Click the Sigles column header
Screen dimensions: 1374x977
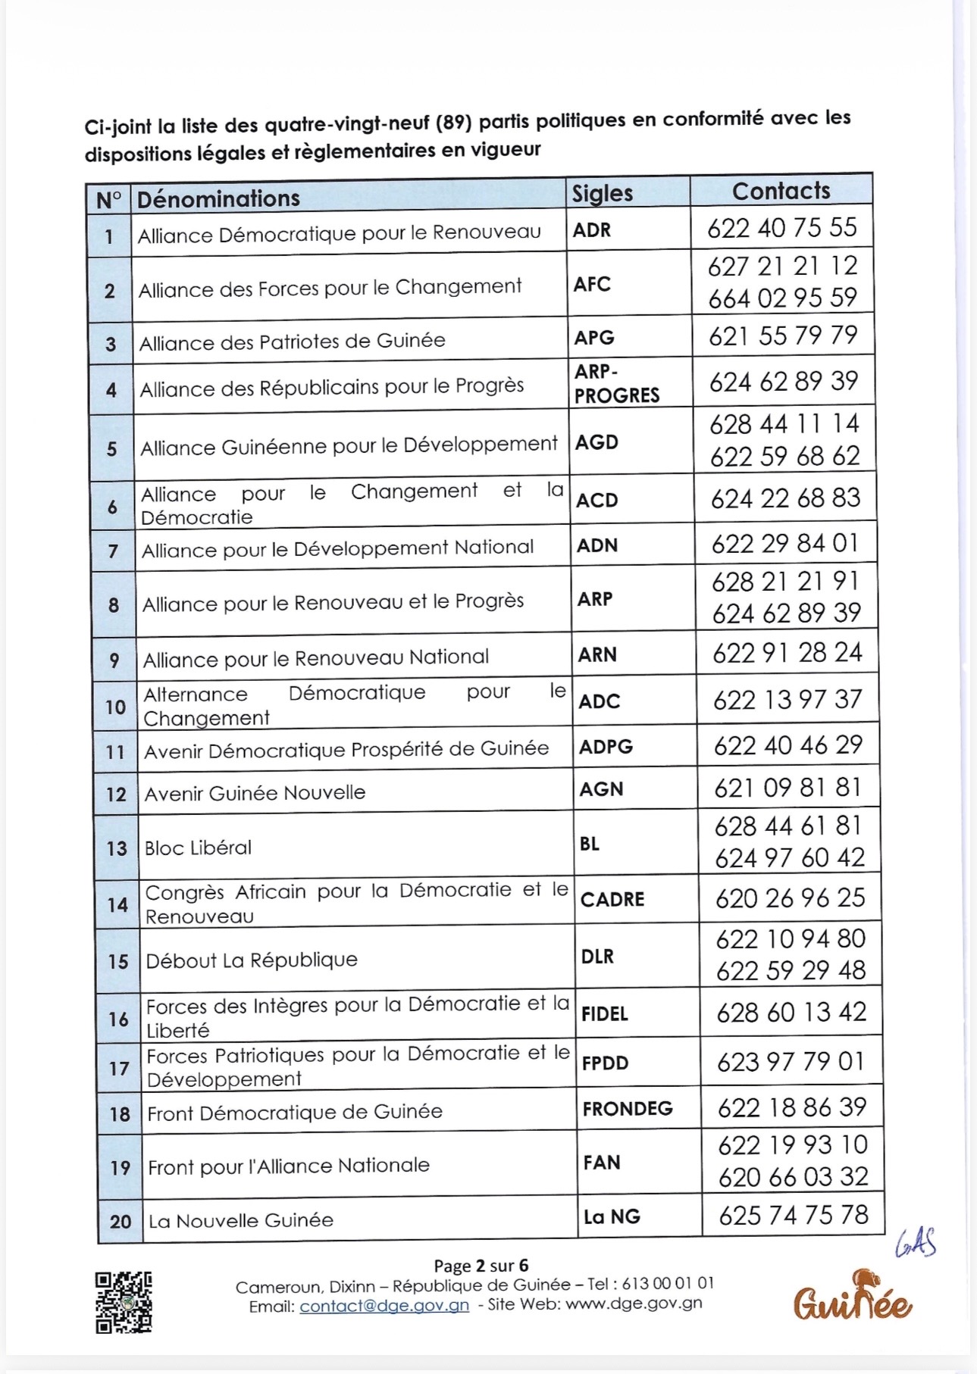(603, 193)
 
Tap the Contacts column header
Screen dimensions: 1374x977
(781, 191)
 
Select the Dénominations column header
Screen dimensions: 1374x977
(218, 198)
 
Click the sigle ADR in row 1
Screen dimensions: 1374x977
(592, 230)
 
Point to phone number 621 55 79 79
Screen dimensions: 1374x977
(783, 336)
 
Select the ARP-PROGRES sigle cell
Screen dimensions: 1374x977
(616, 383)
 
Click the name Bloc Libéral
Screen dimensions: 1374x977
(198, 848)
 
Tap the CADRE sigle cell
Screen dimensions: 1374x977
(612, 899)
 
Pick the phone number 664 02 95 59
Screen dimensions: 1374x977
(782, 298)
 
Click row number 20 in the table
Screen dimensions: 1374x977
(121, 1221)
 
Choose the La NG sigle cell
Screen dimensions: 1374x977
(612, 1216)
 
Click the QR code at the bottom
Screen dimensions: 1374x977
(124, 1302)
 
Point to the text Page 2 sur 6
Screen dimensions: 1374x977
(481, 1266)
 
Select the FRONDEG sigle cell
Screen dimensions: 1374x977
(628, 1109)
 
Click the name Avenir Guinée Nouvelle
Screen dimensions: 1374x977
(255, 793)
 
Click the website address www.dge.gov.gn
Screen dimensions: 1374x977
(634, 1304)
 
